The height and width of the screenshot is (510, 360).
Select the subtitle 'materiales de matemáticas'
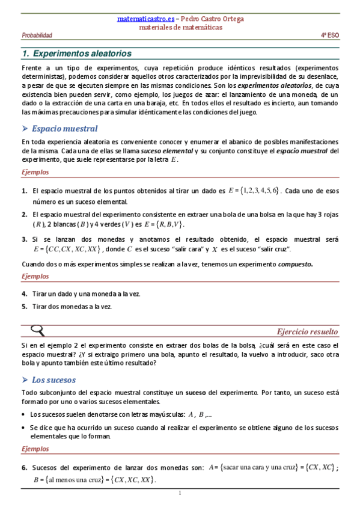tap(180, 27)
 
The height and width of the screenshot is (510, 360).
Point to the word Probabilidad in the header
tap(37, 36)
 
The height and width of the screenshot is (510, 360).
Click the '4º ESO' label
tap(329, 36)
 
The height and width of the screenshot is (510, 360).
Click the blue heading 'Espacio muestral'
tap(64, 128)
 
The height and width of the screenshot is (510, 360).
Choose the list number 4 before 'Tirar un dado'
tap(24, 294)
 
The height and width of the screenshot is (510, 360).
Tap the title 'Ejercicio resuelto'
tap(307, 331)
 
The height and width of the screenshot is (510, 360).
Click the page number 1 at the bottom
tap(180, 494)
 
